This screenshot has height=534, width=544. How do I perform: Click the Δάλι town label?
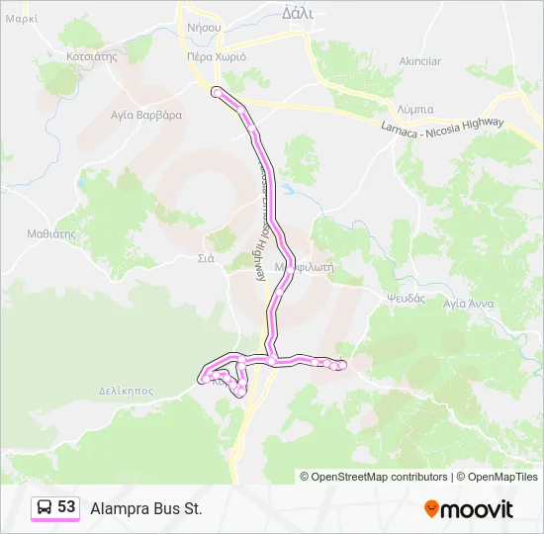click(297, 14)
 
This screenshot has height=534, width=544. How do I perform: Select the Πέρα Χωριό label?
click(216, 56)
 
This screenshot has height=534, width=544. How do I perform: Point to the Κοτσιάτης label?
click(91, 56)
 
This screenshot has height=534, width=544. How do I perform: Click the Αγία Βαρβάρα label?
click(146, 115)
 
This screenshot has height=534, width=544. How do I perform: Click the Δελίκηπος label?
click(126, 391)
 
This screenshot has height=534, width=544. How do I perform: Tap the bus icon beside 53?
click(45, 508)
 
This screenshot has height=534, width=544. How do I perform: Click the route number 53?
click(66, 507)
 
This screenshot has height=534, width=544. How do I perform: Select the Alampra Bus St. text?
click(145, 509)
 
